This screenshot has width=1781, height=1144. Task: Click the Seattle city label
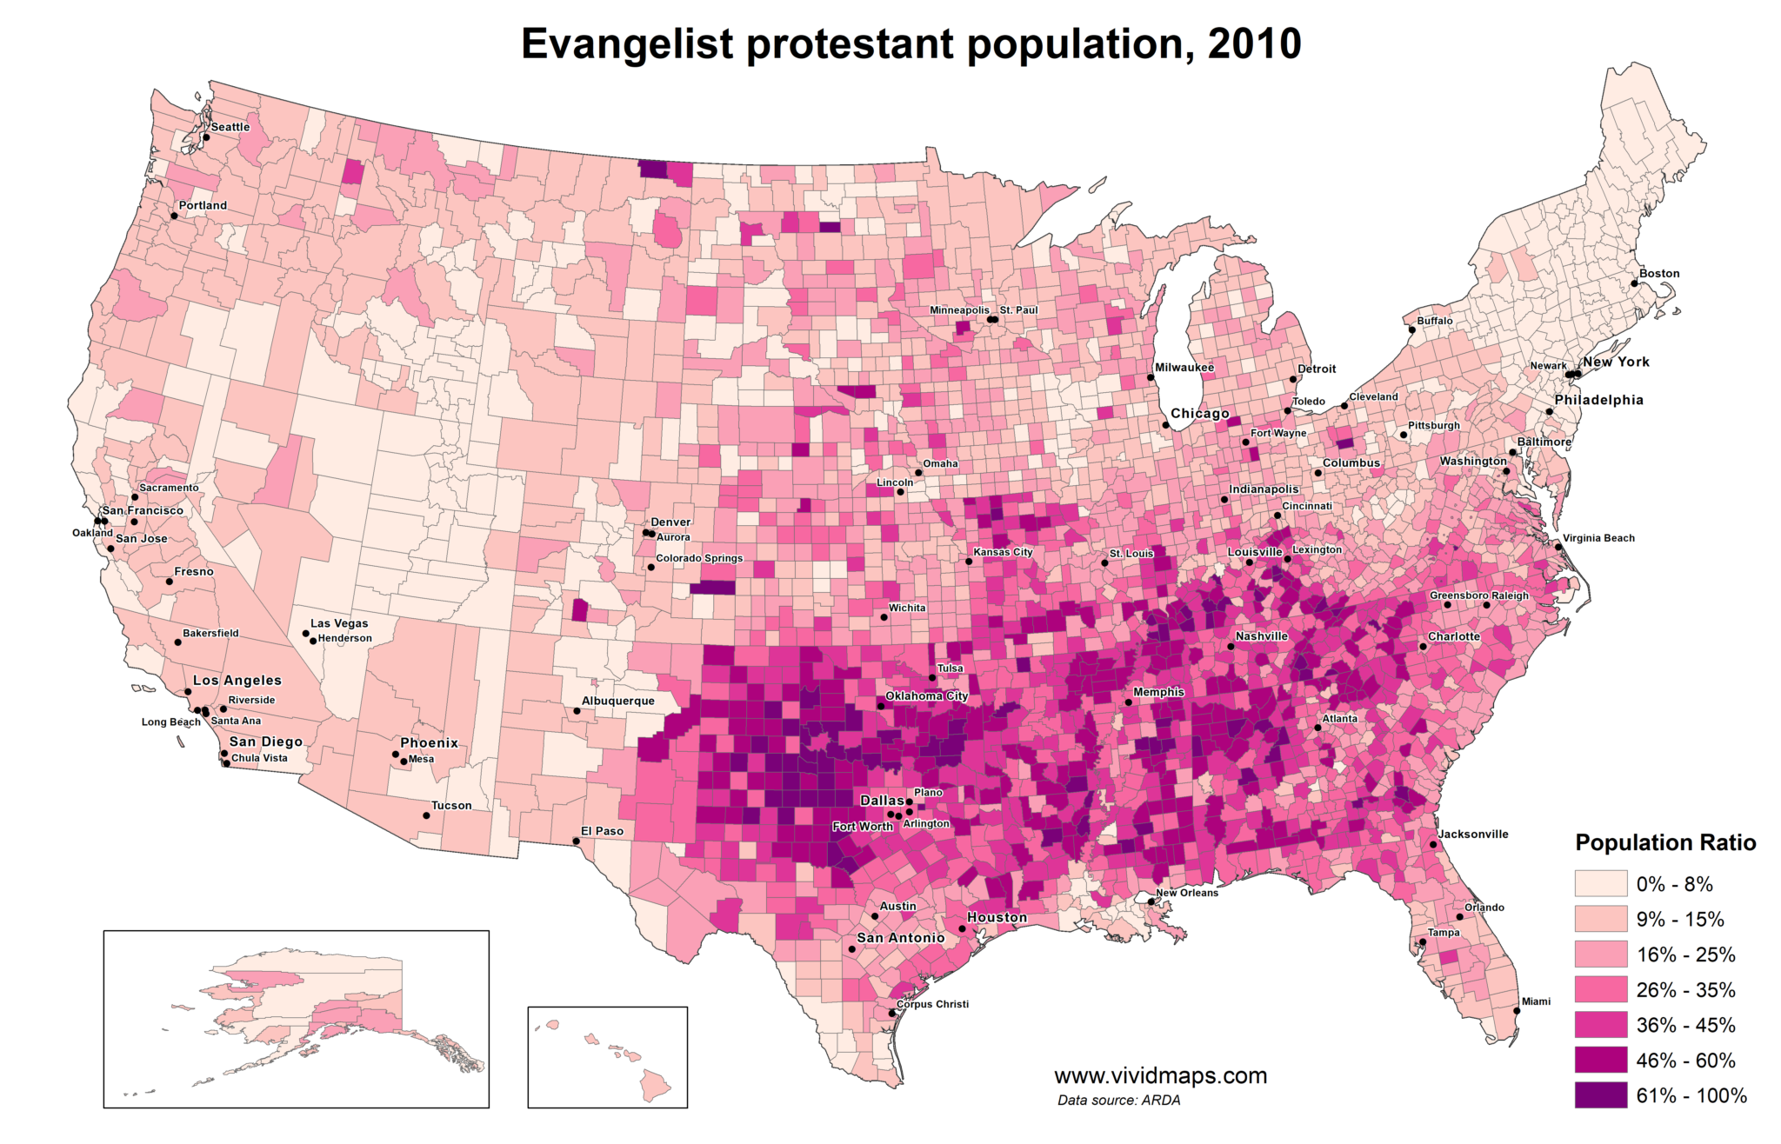230,127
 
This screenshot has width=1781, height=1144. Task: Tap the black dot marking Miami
1517,1010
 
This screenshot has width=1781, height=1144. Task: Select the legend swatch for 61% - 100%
1600,1095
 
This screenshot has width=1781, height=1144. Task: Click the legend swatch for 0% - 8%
1600,884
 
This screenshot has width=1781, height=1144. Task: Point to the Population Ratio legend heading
1665,842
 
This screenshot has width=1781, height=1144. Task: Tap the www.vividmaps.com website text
1160,1075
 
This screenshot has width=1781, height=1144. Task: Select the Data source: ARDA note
1118,1100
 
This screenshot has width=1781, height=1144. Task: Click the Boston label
1659,273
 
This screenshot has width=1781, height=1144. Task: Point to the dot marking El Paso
576,841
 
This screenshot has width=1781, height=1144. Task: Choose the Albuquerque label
617,701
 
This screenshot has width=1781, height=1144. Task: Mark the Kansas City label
1003,552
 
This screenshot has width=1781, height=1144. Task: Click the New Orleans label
1187,893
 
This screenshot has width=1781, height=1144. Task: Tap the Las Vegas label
339,623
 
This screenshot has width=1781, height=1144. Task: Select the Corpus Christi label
932,1004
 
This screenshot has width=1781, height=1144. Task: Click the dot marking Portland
174,215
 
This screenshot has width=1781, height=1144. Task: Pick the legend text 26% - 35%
1685,990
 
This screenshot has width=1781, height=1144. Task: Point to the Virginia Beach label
1598,538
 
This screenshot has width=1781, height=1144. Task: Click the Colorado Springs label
699,558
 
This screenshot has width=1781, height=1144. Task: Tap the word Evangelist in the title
626,43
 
